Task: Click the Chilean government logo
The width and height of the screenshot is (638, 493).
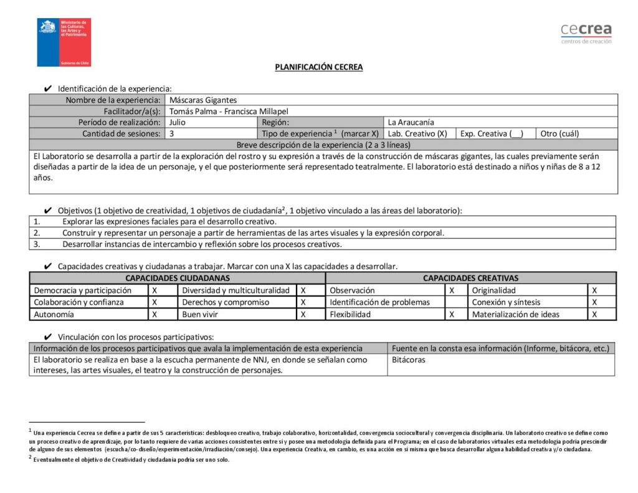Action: coord(64,42)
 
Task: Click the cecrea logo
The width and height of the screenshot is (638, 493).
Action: coord(586,32)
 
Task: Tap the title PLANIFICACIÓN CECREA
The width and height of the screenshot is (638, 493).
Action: coord(319,67)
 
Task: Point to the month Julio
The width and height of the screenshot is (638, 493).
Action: coord(178,122)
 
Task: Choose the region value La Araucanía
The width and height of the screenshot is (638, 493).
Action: coord(411,122)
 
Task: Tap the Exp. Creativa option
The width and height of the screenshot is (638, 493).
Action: coord(492,133)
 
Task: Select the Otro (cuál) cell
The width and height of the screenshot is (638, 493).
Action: coord(561,133)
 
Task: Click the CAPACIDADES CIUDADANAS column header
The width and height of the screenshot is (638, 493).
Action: coord(178,278)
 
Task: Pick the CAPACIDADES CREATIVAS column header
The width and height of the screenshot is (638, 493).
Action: coord(470,278)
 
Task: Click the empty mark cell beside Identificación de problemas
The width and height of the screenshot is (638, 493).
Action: coord(456,302)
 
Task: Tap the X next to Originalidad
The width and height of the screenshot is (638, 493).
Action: coord(594,290)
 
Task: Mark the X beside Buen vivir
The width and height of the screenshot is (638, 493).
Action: coord(303,315)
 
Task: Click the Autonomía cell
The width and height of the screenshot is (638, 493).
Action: coord(54,315)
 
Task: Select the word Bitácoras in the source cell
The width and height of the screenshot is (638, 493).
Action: coord(409,360)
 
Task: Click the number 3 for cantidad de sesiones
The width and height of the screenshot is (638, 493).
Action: coord(171,133)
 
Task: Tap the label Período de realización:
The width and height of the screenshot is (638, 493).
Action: coord(119,122)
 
